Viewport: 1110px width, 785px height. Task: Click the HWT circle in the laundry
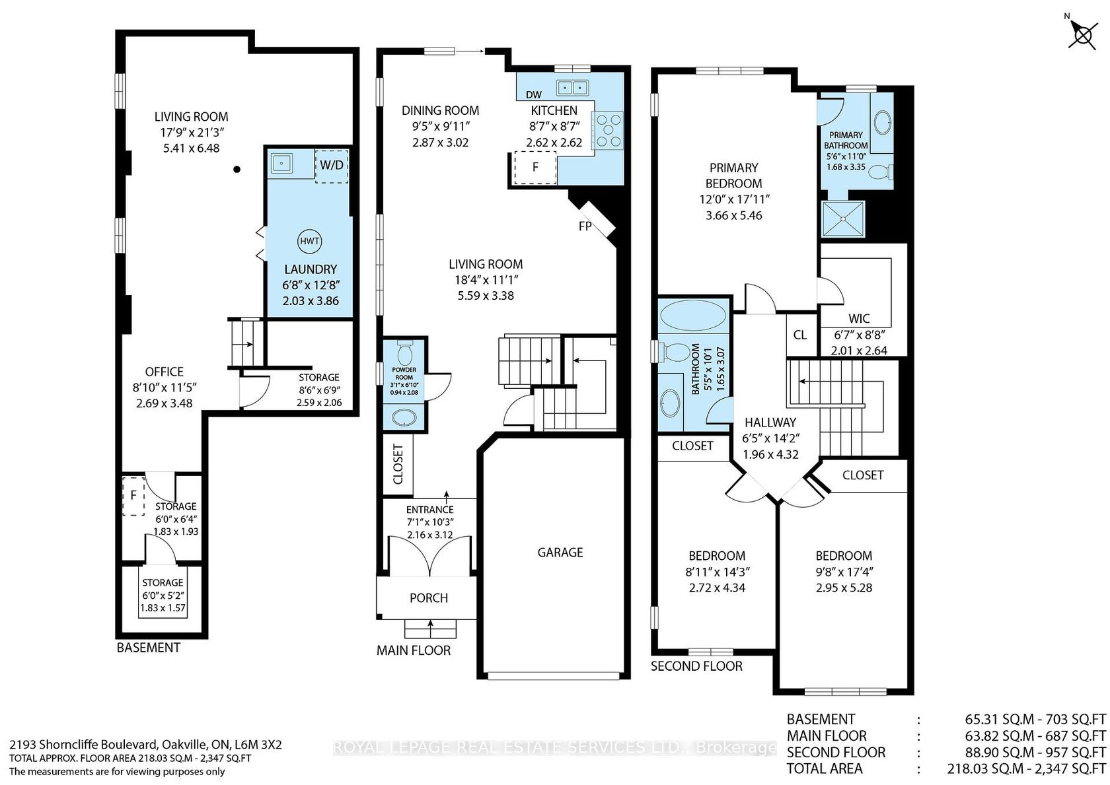pyautogui.click(x=310, y=241)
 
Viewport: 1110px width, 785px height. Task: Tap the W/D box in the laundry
pyautogui.click(x=332, y=166)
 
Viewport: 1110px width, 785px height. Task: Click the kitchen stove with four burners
pyautogui.click(x=609, y=130)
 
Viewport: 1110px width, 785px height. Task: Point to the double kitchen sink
pyautogui.click(x=572, y=87)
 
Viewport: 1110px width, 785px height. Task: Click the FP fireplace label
pyautogui.click(x=585, y=226)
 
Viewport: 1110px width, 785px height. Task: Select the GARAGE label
pyautogui.click(x=560, y=552)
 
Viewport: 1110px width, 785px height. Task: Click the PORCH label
pyautogui.click(x=429, y=597)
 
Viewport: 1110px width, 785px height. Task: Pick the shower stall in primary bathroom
pyautogui.click(x=843, y=219)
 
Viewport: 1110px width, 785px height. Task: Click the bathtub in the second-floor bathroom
pyautogui.click(x=694, y=315)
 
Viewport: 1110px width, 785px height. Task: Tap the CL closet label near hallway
pyautogui.click(x=799, y=335)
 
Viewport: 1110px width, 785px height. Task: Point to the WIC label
pyautogui.click(x=859, y=318)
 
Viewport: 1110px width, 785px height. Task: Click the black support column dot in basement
pyautogui.click(x=237, y=170)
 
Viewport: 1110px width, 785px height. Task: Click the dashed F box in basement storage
pyautogui.click(x=133, y=495)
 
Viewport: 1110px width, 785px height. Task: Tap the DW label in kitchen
pyautogui.click(x=534, y=94)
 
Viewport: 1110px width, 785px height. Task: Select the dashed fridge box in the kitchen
pyautogui.click(x=535, y=168)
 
